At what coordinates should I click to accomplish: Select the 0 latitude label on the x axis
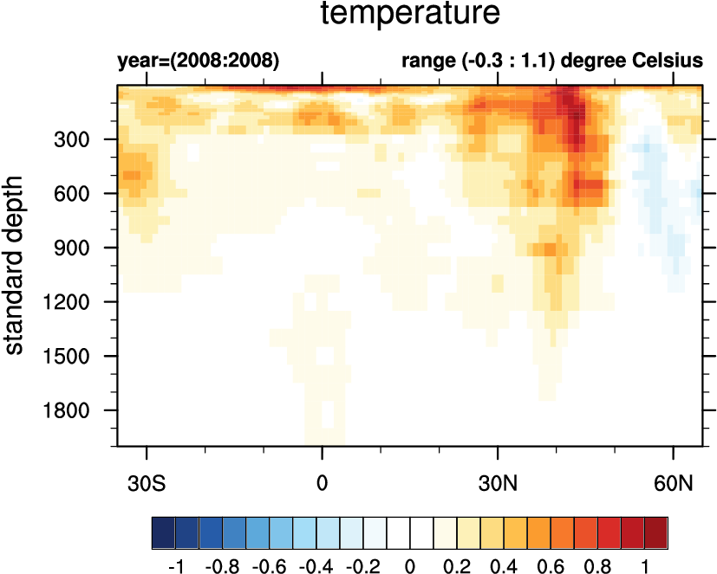pos(323,481)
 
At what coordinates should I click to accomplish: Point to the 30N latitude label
pos(498,481)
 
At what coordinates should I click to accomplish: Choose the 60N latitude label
pos(674,481)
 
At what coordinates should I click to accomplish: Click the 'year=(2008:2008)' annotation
pos(198,61)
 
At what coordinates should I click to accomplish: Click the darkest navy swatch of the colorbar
pos(163,529)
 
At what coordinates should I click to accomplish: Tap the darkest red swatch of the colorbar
pos(656,529)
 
